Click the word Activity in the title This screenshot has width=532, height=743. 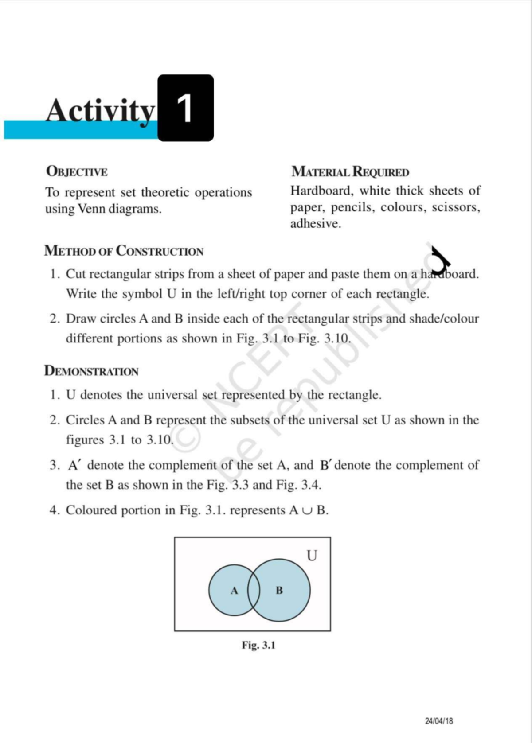coord(101,111)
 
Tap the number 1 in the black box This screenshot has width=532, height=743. coord(185,109)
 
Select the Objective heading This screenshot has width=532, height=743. coord(76,171)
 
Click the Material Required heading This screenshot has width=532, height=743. coord(350,171)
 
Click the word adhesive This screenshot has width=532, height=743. coord(315,224)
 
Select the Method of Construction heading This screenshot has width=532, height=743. coord(124,251)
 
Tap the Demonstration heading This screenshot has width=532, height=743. coord(91,371)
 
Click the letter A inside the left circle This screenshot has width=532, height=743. coord(235,591)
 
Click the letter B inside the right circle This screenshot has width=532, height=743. coord(279,590)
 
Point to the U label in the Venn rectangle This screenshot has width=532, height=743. coord(312,555)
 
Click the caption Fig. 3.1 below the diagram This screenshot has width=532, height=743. coord(258,645)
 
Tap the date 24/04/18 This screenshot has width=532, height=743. coord(439,721)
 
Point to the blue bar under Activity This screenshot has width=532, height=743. coord(80,130)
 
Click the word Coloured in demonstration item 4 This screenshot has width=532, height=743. coord(91,510)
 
